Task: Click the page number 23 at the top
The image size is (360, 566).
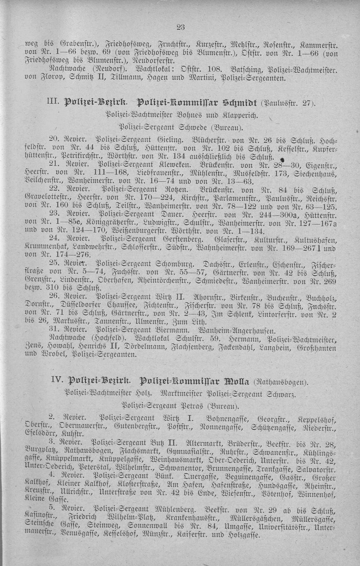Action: click(x=181, y=27)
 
